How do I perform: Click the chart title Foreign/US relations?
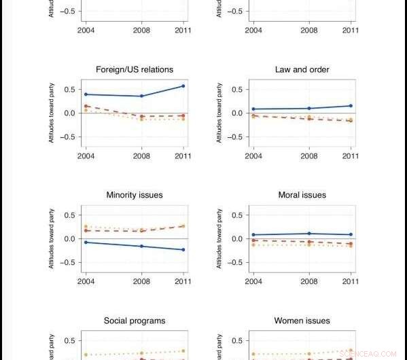135,69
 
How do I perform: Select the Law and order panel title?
302,69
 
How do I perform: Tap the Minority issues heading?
135,195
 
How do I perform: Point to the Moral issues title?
302,195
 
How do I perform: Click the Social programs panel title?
135,321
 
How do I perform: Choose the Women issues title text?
302,321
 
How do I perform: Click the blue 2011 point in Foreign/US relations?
183,86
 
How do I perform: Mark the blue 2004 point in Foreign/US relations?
86,94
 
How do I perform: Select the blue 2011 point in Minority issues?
183,250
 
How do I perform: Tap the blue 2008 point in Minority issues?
141,246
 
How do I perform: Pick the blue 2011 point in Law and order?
351,105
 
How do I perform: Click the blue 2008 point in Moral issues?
309,234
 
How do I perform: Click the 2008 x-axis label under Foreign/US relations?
141,156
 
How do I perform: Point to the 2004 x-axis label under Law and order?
253,156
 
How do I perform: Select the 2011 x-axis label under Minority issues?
182,281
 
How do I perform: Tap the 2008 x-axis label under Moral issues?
309,281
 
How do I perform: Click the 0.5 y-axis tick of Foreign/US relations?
69,90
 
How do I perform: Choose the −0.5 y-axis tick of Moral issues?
235,263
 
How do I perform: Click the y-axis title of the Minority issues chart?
52,238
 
